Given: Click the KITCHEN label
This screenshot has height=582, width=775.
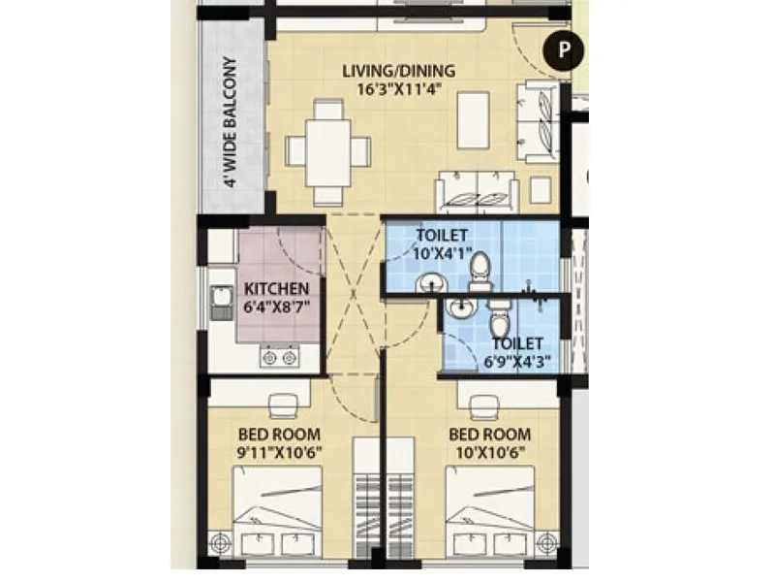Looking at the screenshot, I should (x=276, y=289).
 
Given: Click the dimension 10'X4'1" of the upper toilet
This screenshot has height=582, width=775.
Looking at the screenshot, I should (x=442, y=253).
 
